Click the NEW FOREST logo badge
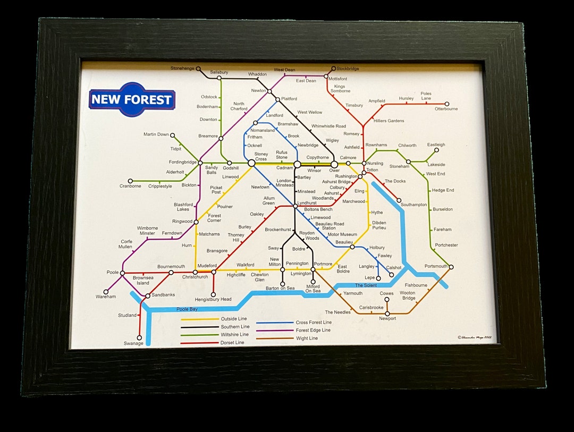pos(132,99)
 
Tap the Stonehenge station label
pos(183,68)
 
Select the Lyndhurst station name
pos(307,203)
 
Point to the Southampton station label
pos(413,205)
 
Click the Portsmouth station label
pos(436,266)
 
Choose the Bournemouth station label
pos(171,266)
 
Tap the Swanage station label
pos(133,343)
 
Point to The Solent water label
pos(366,285)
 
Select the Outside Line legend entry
pos(234,319)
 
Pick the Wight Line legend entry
pos(307,338)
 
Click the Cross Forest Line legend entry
pos(314,322)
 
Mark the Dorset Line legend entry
pos(232,343)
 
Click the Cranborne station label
pos(130,186)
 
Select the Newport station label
pos(387,318)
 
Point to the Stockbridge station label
pos(348,69)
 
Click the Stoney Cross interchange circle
pos(251,164)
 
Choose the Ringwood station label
pos(182,221)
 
